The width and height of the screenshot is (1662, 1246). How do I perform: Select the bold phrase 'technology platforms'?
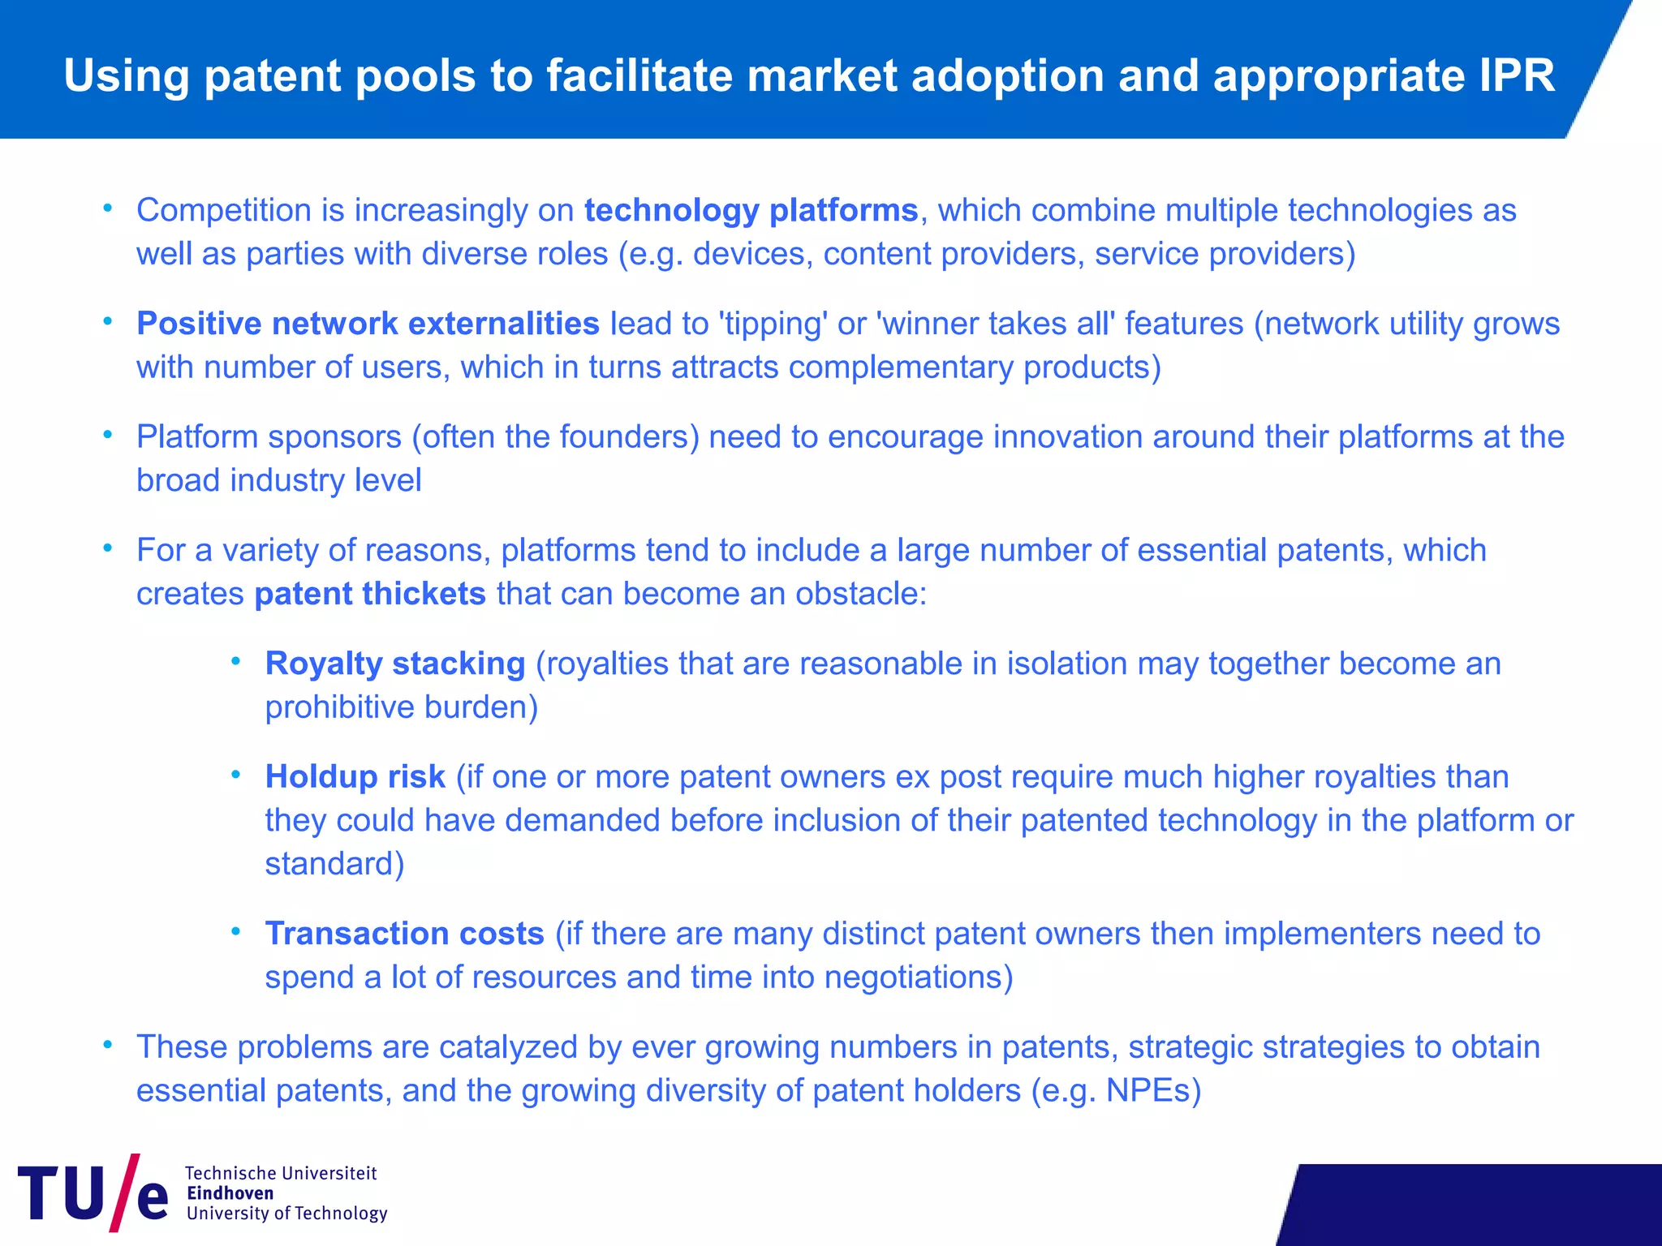pyautogui.click(x=751, y=210)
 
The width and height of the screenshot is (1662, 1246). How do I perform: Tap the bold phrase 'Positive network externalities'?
pyautogui.click(x=368, y=324)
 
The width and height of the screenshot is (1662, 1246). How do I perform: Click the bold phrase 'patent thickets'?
pyautogui.click(x=370, y=594)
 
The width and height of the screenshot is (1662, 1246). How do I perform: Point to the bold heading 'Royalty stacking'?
pyautogui.click(x=395, y=664)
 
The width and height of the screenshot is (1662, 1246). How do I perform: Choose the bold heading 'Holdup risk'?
pyautogui.click(x=355, y=777)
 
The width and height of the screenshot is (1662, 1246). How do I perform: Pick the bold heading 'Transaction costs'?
pyautogui.click(x=404, y=934)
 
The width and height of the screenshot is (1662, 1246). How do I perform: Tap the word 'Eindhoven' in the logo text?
pyautogui.click(x=230, y=1193)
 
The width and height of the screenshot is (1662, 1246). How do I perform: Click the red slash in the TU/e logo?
pyautogui.click(x=125, y=1192)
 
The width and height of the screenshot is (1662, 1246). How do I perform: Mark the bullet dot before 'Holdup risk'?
pyautogui.click(x=236, y=776)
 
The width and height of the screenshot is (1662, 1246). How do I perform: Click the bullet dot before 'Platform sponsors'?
pyautogui.click(x=107, y=436)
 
